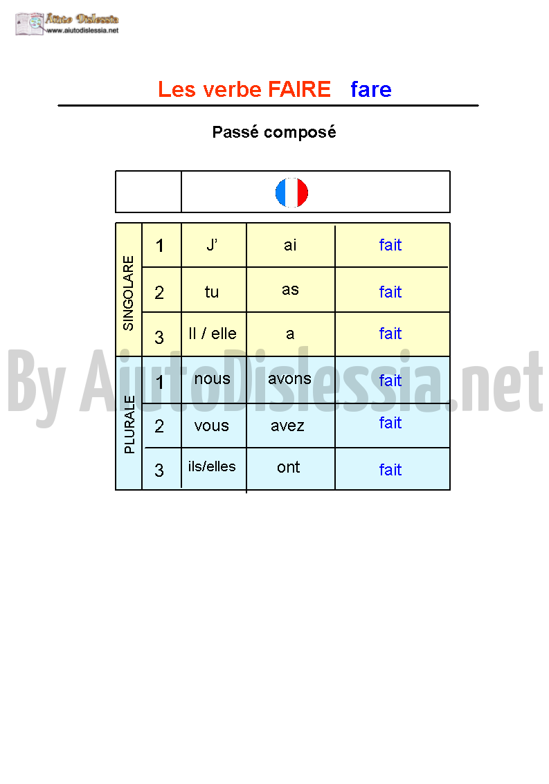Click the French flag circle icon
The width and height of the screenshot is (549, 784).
click(291, 192)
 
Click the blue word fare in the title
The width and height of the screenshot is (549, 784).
click(371, 89)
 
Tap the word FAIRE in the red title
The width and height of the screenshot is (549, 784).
click(299, 89)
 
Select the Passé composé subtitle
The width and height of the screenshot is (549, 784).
click(273, 132)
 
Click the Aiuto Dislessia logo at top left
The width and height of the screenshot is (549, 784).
click(67, 24)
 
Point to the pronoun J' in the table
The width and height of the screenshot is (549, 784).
click(212, 245)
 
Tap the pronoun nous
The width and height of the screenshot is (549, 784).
click(213, 379)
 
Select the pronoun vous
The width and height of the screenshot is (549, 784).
click(212, 426)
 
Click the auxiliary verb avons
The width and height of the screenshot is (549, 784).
click(289, 379)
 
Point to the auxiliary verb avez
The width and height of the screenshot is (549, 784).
click(288, 426)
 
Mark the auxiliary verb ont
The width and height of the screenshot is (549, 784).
click(288, 467)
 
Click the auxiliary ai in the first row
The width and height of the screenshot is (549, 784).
click(290, 245)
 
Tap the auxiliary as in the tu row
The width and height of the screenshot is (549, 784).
click(290, 289)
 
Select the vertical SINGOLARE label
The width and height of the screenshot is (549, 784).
click(129, 293)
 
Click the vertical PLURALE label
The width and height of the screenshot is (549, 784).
click(129, 424)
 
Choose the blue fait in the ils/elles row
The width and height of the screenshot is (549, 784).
click(390, 469)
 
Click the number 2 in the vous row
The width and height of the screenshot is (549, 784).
click(159, 426)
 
